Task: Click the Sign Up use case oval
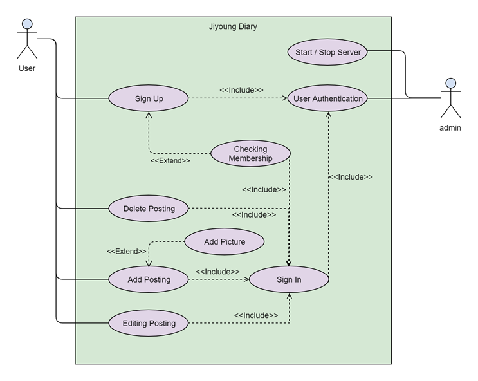tap(149, 98)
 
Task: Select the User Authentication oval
tap(327, 98)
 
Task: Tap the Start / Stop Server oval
tap(327, 52)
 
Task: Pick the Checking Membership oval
tap(250, 154)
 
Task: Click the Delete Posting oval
tap(149, 209)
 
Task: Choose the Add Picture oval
tap(224, 242)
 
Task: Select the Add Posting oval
tap(149, 279)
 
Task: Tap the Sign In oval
tap(288, 279)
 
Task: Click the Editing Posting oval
tap(149, 323)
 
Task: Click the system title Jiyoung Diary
tap(233, 27)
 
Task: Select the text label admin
tap(450, 128)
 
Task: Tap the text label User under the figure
tap(27, 68)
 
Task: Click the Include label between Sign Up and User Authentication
tap(241, 90)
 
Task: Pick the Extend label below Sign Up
tap(170, 160)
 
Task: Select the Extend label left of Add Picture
tap(127, 251)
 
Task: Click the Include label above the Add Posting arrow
tap(217, 272)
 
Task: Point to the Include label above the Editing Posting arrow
tap(256, 315)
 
